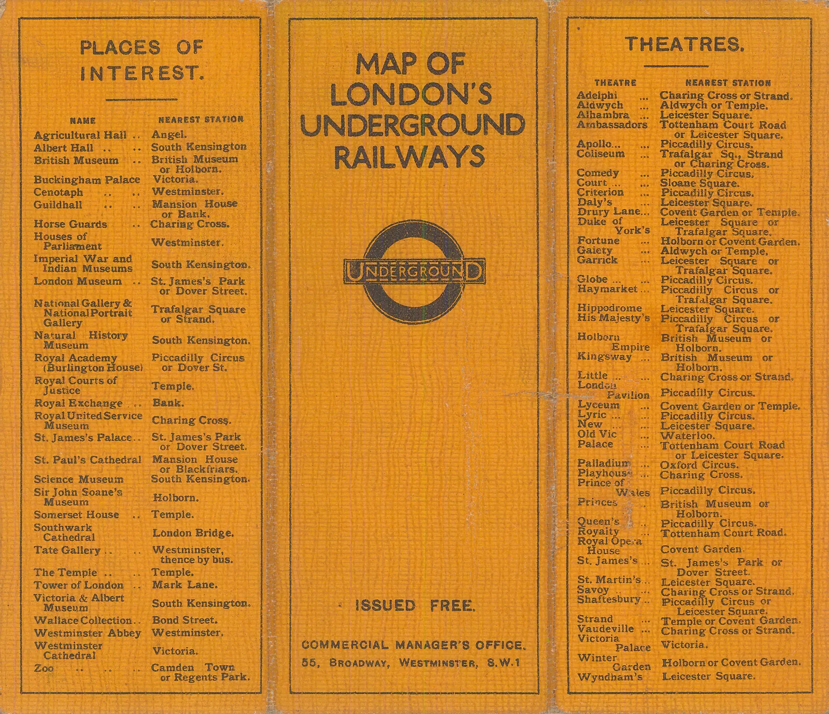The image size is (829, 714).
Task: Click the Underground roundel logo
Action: point(414,272)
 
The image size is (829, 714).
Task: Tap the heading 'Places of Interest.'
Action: point(141,60)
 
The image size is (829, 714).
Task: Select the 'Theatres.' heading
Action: point(684,45)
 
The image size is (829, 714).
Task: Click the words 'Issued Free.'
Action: point(415,606)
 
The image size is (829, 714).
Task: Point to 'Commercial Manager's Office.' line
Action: point(413,645)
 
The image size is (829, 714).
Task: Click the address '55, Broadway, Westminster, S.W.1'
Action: point(411,663)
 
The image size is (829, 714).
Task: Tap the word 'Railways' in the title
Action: point(409,157)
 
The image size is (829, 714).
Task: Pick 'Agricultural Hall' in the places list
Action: point(80,135)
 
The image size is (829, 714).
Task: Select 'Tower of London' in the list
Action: point(79,585)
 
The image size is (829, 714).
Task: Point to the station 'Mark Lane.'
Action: point(184,584)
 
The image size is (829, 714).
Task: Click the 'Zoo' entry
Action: point(44,668)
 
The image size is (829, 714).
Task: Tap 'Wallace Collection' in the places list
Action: point(83,620)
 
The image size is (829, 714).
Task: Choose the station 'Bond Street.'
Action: point(184,620)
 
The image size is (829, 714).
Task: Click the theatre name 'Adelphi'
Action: point(597,95)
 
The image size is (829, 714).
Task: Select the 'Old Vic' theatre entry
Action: point(597,434)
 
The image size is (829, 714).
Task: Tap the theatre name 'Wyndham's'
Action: point(610,677)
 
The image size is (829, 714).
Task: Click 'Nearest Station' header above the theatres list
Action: point(728,83)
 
